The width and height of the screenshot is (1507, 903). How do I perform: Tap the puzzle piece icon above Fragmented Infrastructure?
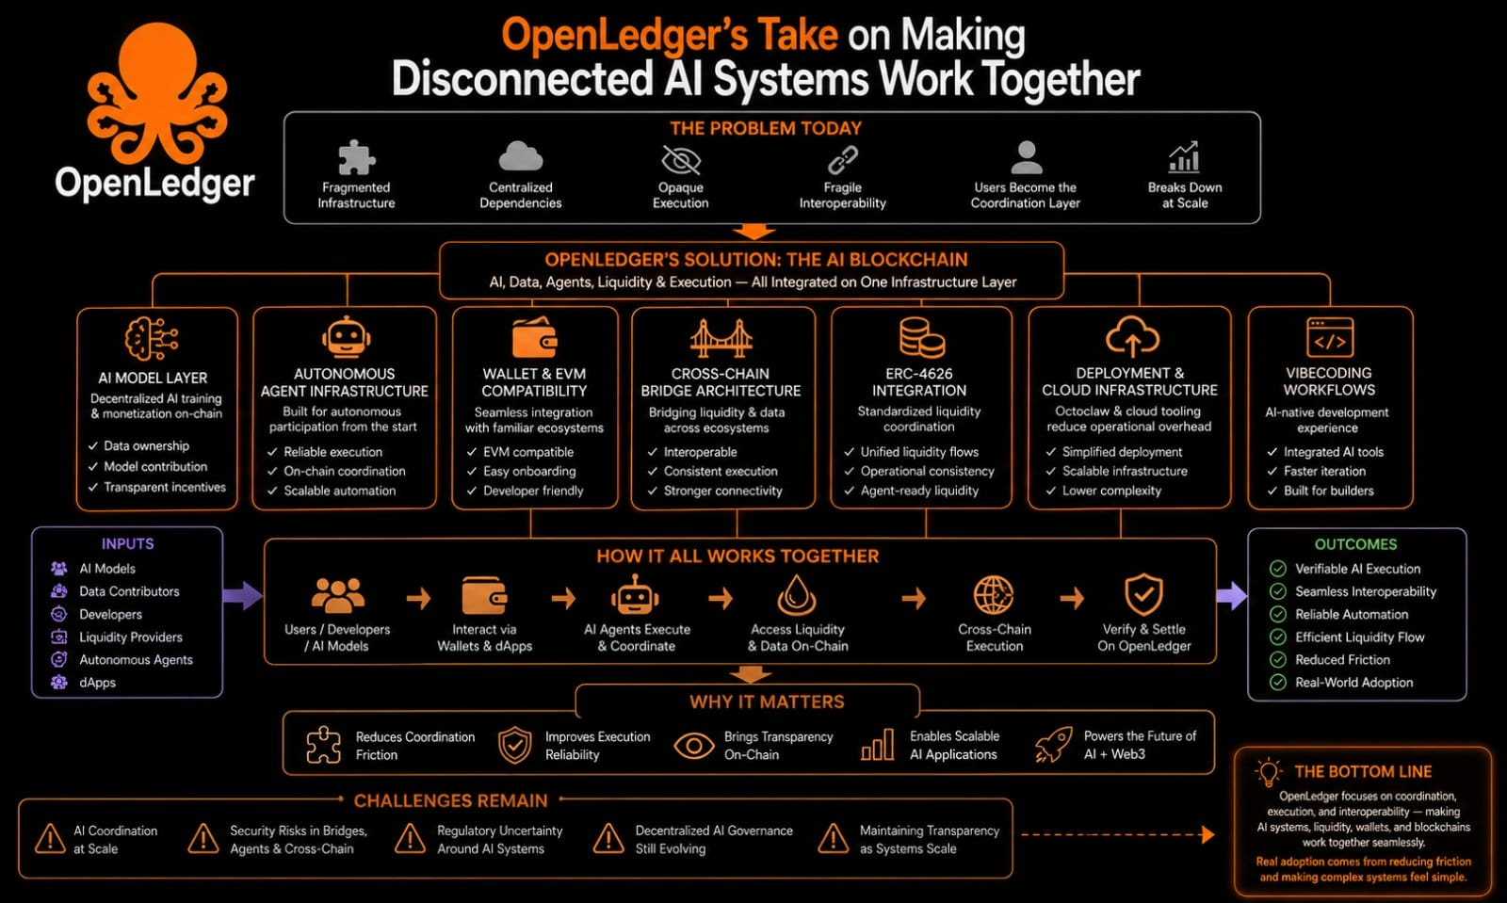pos(356,157)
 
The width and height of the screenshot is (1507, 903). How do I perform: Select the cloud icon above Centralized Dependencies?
pos(520,157)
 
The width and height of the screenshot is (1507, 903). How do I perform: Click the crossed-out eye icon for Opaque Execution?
pos(681,160)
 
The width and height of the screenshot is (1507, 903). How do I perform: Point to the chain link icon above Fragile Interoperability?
pos(842,160)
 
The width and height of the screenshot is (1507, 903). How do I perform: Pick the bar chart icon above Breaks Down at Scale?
pos(1184,157)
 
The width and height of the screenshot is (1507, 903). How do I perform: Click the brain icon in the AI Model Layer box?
pos(152,339)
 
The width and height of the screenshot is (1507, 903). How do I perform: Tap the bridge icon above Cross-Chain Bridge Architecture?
pos(721,337)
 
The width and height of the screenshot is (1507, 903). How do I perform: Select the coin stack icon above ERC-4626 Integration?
pos(921,337)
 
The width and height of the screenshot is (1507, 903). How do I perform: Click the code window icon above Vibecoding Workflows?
pos(1330,337)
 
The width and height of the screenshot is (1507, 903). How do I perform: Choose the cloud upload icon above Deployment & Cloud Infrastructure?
pos(1132,337)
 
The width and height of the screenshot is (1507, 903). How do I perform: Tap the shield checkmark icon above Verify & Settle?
pos(1143,594)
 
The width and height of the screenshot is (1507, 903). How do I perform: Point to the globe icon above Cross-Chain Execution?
pos(994,595)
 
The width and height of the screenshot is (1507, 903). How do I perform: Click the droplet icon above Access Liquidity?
pos(797,595)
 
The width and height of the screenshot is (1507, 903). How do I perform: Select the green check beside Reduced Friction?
pos(1277,660)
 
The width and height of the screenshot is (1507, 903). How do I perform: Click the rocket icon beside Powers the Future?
pos(1054,744)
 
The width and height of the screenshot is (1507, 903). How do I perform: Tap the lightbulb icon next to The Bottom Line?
pos(1269,772)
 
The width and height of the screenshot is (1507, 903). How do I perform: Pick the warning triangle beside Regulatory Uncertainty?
pos(410,839)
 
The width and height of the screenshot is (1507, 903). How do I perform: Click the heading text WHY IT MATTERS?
pos(767,701)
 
